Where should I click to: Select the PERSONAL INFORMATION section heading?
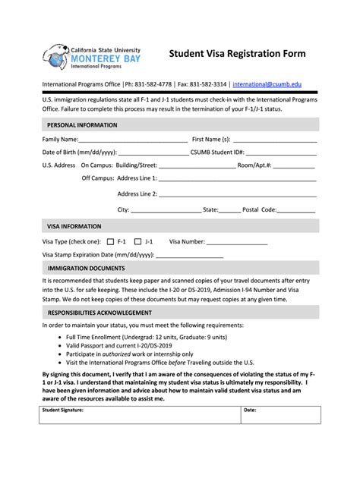tap(82, 124)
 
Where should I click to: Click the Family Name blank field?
tap(123, 140)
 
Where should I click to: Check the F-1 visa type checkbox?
tap(111, 242)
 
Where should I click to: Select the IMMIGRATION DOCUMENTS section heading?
tap(87, 269)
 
